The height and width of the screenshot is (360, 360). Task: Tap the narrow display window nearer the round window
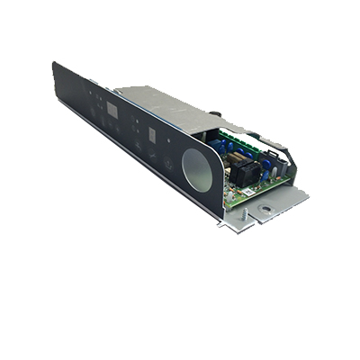pyautogui.click(x=155, y=136)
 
